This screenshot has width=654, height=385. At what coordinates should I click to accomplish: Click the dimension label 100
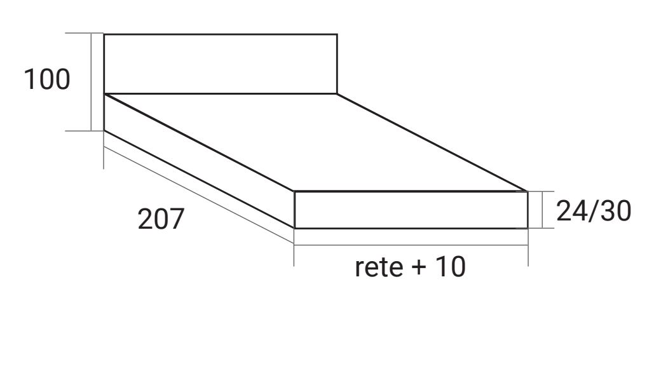pyautogui.click(x=46, y=80)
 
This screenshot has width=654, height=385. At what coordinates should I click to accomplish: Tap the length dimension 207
pyautogui.click(x=160, y=220)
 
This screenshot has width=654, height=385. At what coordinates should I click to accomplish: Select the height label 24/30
pyautogui.click(x=593, y=211)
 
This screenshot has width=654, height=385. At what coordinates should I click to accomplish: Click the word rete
pyautogui.click(x=379, y=267)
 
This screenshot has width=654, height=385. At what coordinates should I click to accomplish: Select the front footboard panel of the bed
pyautogui.click(x=411, y=210)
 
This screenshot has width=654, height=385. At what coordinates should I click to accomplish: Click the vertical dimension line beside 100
pyautogui.click(x=92, y=81)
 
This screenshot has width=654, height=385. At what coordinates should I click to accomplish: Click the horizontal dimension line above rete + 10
pyautogui.click(x=411, y=244)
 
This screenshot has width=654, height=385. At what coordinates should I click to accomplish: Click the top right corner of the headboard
pyautogui.click(x=337, y=34)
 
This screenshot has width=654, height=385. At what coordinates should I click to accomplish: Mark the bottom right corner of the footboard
pyautogui.click(x=528, y=227)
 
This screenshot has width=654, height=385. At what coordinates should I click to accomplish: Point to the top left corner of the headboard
pyautogui.click(x=104, y=34)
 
